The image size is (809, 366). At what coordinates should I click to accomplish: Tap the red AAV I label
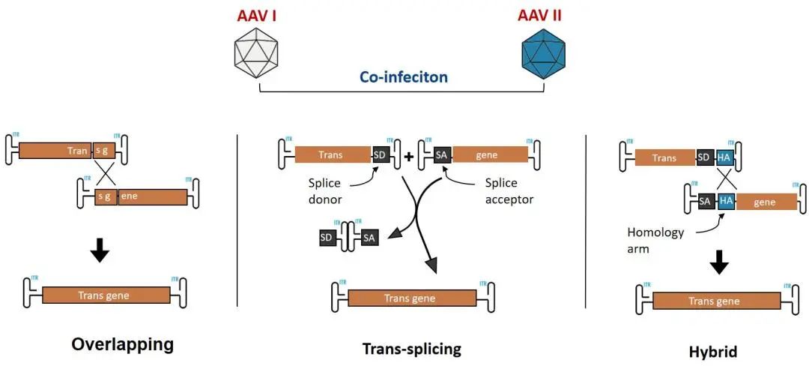[x=257, y=15]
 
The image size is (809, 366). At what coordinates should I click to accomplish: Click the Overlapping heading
[x=122, y=344]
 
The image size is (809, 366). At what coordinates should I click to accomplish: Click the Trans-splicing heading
[x=411, y=349]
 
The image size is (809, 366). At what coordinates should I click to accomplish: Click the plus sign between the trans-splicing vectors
[x=408, y=157]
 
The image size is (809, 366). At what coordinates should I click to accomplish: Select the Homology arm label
[x=656, y=240]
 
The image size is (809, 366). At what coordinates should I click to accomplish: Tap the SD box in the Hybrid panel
[x=705, y=157]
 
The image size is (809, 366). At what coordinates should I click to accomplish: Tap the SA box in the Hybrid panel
[x=705, y=202]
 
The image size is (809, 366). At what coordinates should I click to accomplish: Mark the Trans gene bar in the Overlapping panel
[x=106, y=295]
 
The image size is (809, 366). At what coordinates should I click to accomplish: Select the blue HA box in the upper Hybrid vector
[x=724, y=157]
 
